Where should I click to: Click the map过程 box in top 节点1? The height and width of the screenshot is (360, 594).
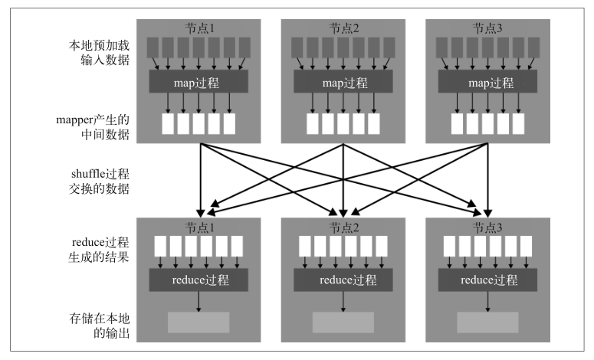(199, 81)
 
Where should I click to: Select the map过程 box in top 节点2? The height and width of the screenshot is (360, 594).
(343, 81)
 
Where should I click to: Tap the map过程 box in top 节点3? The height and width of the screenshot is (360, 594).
(487, 81)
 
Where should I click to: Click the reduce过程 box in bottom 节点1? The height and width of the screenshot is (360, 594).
(199, 280)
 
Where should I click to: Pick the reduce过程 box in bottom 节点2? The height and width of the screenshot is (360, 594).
(343, 280)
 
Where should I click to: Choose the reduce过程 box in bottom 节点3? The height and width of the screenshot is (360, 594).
(487, 280)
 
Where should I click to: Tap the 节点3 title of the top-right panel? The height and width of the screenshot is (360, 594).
(487, 28)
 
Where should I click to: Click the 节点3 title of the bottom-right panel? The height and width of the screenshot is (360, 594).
(487, 227)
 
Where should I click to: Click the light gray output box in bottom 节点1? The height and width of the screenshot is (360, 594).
(199, 322)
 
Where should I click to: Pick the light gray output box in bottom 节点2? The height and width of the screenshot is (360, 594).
(343, 322)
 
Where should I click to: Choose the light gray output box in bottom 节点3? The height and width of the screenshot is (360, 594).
(487, 322)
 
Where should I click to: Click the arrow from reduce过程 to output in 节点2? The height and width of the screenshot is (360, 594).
(343, 302)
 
